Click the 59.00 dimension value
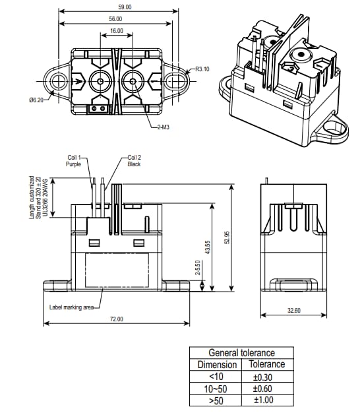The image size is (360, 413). click(x=119, y=6)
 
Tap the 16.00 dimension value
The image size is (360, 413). click(x=117, y=31)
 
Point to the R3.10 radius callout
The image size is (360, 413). click(x=202, y=69)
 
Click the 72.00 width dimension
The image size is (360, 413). click(x=117, y=319)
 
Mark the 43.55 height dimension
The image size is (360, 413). click(x=208, y=247)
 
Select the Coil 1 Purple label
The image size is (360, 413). click(x=73, y=161)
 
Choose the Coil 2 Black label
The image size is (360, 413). click(x=134, y=161)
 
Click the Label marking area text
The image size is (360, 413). click(x=72, y=307)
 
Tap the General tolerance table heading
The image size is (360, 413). click(x=241, y=353)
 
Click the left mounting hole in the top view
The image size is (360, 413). click(x=58, y=81)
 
